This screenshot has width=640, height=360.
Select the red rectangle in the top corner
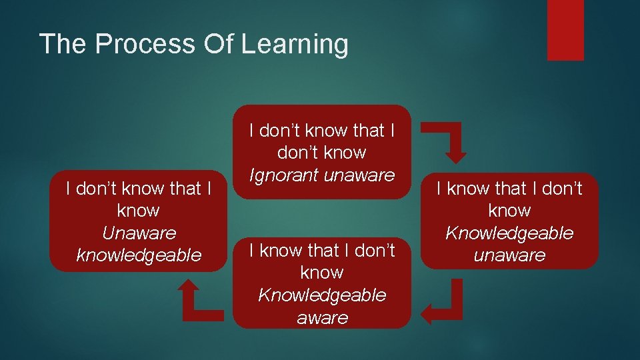tap(565, 29)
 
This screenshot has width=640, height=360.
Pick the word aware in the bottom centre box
tap(322, 318)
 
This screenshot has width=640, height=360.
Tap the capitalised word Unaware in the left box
tap(139, 233)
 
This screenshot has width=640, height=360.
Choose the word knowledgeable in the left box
tap(139, 255)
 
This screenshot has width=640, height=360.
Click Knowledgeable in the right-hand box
tap(509, 233)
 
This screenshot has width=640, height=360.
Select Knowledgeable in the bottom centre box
tap(322, 295)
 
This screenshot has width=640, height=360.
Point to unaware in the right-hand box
tap(509, 255)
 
